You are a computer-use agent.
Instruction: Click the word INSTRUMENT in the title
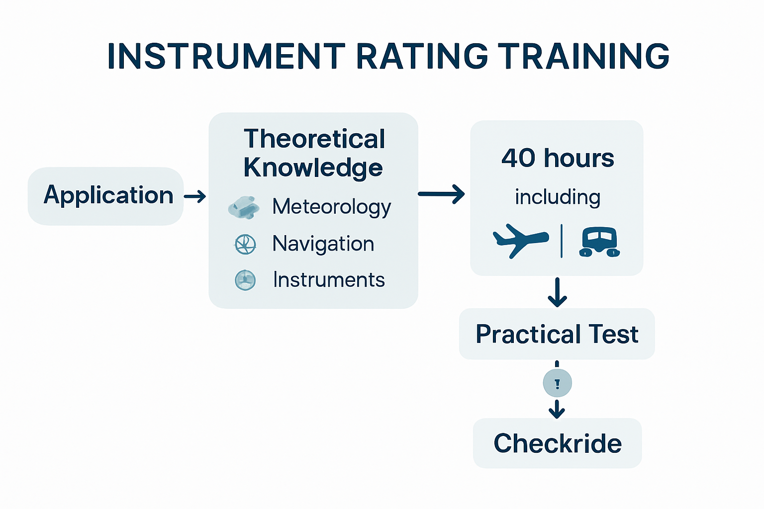(226, 56)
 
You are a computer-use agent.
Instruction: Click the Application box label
(108, 195)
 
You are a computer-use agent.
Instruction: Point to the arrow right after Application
(195, 196)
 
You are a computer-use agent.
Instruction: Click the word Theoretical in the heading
(314, 139)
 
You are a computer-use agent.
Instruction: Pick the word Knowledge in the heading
(313, 168)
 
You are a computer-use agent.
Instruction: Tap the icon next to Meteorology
(244, 207)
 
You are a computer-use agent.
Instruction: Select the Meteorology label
(331, 207)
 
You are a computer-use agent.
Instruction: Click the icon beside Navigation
(245, 245)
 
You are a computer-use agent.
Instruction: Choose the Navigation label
(323, 244)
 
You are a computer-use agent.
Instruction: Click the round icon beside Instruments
(245, 280)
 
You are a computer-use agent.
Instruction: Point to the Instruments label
(329, 280)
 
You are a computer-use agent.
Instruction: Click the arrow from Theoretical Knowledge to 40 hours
(441, 194)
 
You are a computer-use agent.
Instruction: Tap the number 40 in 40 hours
(518, 159)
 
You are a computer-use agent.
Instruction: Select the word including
(558, 197)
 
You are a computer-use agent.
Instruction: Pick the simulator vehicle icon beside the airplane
(599, 242)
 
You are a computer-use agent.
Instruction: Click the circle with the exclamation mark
(557, 383)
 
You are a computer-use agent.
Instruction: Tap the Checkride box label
(557, 443)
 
